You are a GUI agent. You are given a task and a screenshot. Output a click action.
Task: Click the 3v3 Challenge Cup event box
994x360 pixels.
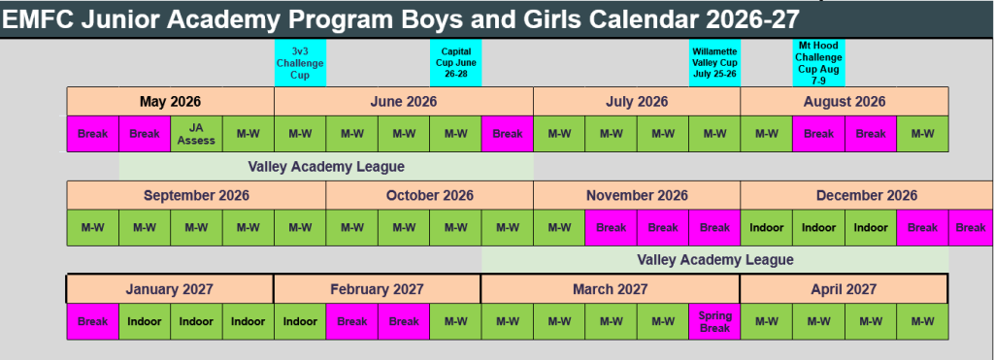click(x=300, y=63)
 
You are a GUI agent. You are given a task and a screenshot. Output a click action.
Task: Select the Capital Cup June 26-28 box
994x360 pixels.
click(x=456, y=63)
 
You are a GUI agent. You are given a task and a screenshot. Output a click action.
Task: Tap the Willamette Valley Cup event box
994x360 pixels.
click(x=715, y=63)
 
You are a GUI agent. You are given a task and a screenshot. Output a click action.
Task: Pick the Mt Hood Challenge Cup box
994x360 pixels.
click(x=818, y=63)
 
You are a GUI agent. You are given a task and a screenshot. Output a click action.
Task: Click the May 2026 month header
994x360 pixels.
click(x=171, y=102)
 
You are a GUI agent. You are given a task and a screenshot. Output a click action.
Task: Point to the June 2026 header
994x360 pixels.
click(x=404, y=102)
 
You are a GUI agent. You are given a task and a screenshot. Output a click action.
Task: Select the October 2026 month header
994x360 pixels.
click(x=430, y=195)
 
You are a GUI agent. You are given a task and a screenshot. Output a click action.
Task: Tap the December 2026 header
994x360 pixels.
click(x=867, y=195)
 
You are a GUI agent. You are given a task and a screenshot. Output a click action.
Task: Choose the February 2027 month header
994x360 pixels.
click(x=378, y=289)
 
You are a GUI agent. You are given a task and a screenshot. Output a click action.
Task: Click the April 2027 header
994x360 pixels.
click(x=844, y=289)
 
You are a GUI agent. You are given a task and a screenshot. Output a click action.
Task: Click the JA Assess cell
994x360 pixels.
click(x=196, y=134)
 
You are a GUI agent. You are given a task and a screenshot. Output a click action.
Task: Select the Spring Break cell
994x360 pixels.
click(x=714, y=321)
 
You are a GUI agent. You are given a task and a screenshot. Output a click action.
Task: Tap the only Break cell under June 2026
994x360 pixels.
click(x=507, y=134)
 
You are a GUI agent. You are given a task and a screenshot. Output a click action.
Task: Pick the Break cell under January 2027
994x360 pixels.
click(x=92, y=321)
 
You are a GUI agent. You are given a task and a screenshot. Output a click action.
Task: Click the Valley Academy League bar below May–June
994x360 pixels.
click(x=326, y=167)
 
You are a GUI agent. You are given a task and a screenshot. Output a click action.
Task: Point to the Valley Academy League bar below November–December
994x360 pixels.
click(x=715, y=260)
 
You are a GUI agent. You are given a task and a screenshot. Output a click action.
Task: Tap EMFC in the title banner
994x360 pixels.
click(x=40, y=19)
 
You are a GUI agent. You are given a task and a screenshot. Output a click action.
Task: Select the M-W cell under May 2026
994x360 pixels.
click(x=248, y=134)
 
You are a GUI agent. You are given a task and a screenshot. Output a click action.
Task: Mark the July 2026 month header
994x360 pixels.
click(x=637, y=102)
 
